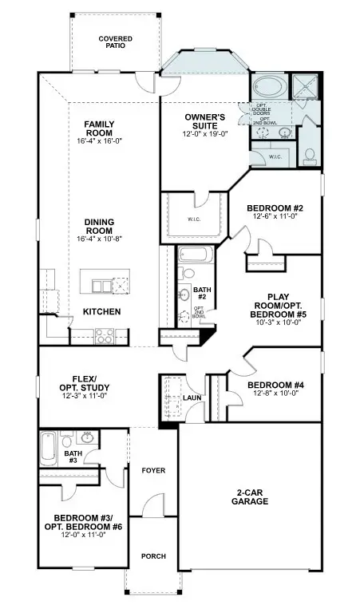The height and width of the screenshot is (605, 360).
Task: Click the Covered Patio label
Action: pos(115,42)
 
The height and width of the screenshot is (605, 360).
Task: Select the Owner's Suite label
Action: pos(205,122)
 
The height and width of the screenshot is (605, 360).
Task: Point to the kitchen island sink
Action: pos(101,286)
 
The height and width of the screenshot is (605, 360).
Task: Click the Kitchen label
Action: pos(101,311)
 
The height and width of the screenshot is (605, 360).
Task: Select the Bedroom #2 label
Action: pos(274,208)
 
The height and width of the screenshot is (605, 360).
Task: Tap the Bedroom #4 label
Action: pos(278,384)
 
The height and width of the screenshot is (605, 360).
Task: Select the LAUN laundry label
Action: pos(192,397)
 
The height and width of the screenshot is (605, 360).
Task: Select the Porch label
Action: pos(152,556)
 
